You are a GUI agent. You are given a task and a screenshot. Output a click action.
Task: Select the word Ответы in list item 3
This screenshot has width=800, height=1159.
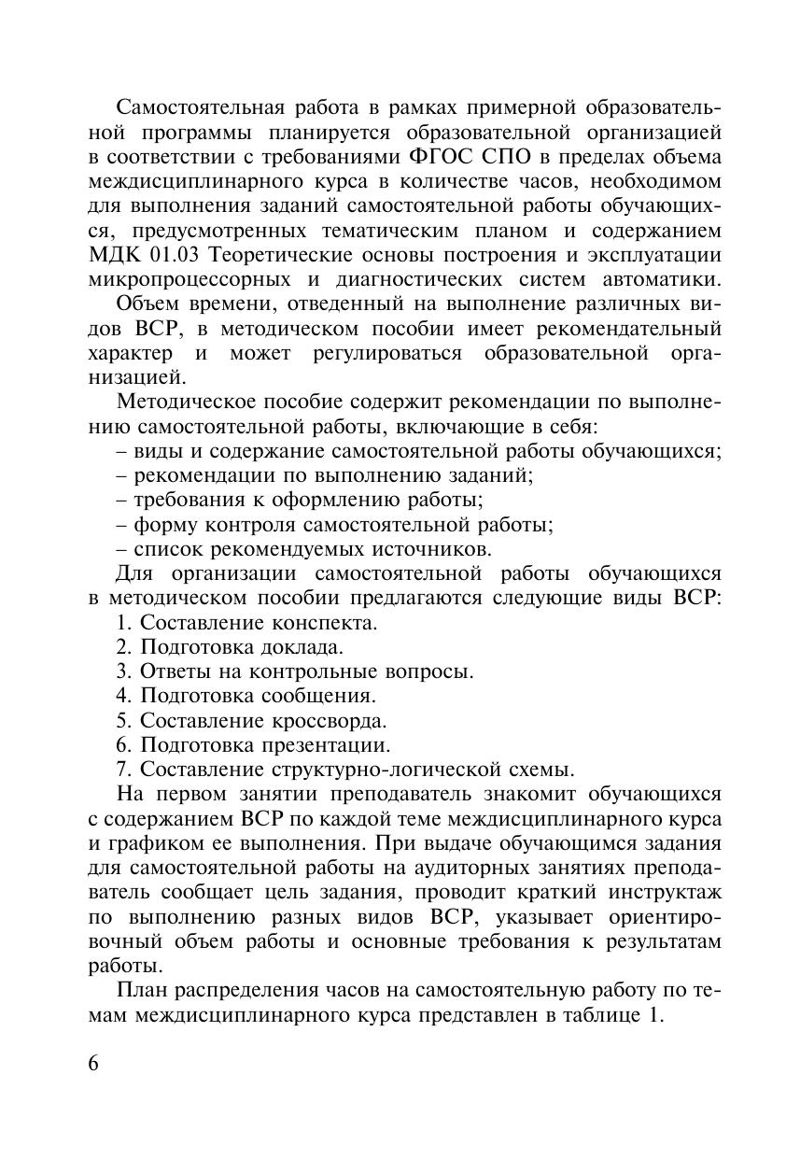pyautogui.click(x=172, y=671)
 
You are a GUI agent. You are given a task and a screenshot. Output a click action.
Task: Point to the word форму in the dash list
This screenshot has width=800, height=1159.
pyautogui.click(x=164, y=524)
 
